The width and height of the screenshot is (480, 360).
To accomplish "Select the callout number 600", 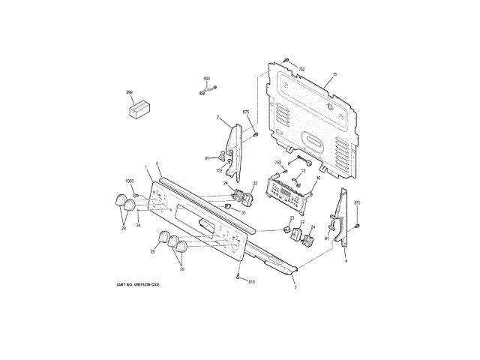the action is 207,78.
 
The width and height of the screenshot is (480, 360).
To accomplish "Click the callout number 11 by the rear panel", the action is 335,73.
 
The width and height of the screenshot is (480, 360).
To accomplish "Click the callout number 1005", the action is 129,181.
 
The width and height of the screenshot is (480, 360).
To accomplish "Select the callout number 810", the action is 252,282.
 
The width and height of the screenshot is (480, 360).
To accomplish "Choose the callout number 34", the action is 138,225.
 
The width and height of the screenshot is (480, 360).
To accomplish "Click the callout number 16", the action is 317,178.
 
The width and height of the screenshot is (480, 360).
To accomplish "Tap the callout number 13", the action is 304,171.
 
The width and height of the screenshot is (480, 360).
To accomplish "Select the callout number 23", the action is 285,218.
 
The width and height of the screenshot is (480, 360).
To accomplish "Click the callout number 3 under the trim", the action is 295,288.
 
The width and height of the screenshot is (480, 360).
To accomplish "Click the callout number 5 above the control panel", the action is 157,164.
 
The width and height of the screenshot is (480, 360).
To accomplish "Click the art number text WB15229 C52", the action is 138,286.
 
